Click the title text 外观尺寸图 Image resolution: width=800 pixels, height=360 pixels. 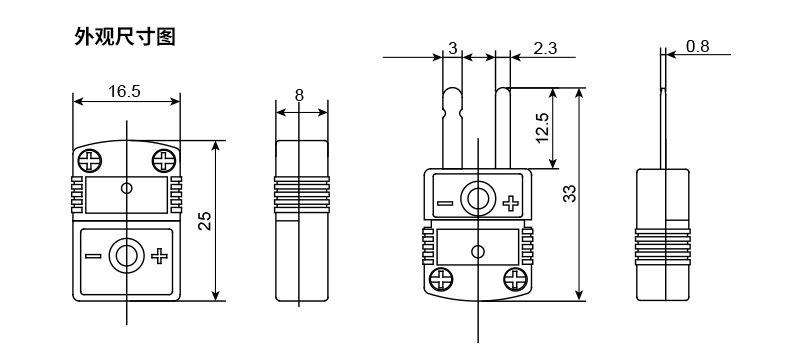tap(125, 39)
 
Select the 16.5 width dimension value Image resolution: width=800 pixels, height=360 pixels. tap(124, 91)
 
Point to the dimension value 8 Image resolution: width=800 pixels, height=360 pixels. tap(299, 95)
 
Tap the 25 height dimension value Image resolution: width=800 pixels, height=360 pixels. tap(204, 221)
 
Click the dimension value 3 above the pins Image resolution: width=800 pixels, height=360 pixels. tap(453, 48)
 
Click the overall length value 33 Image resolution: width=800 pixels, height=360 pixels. tap(570, 194)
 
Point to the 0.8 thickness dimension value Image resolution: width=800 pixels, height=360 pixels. tap(698, 46)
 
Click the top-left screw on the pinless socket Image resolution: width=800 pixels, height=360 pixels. tap(90, 160)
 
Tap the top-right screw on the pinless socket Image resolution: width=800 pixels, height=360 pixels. tap(162, 160)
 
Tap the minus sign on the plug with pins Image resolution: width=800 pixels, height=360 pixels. tap(445, 204)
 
